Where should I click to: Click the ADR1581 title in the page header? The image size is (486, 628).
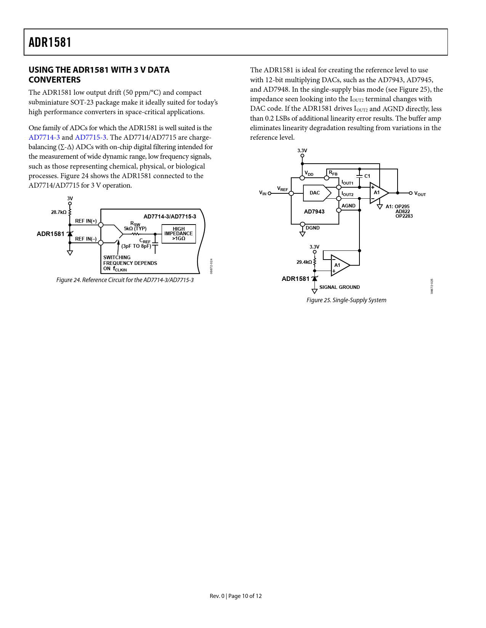pyautogui.click(x=50, y=42)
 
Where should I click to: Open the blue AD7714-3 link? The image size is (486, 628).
pyautogui.click(x=44, y=137)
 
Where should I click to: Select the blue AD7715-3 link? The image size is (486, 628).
pyautogui.click(x=90, y=137)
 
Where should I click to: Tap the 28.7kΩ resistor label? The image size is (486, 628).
pyautogui.click(x=59, y=212)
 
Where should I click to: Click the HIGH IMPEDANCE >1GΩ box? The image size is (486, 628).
pyautogui.click(x=178, y=234)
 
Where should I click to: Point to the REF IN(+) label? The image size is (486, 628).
pyautogui.click(x=86, y=221)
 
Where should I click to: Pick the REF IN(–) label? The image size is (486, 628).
pyautogui.click(x=86, y=239)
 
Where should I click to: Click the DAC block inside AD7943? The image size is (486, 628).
pyautogui.click(x=315, y=193)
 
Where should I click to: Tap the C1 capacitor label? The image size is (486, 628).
pyautogui.click(x=367, y=176)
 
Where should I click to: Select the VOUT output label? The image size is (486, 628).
pyautogui.click(x=420, y=194)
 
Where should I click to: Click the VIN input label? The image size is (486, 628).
pyautogui.click(x=263, y=193)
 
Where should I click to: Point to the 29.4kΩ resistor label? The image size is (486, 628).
pyautogui.click(x=304, y=262)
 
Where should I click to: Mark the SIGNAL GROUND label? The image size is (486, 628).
pyautogui.click(x=339, y=287)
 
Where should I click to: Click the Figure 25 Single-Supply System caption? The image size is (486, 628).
pyautogui.click(x=346, y=300)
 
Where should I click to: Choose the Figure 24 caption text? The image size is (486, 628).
pyautogui.click(x=125, y=280)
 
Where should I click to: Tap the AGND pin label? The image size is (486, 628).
pyautogui.click(x=348, y=206)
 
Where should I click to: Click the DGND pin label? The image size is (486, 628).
pyautogui.click(x=313, y=228)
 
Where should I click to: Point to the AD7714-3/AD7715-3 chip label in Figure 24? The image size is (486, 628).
pyautogui.click(x=170, y=217)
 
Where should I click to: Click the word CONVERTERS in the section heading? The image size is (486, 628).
pyautogui.click(x=55, y=80)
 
